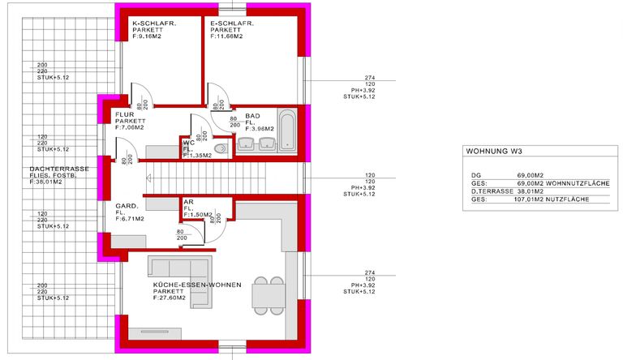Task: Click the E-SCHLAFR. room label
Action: [232, 24]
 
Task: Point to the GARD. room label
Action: [126, 206]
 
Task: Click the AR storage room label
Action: [187, 201]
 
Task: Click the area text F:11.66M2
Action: [230, 36]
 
